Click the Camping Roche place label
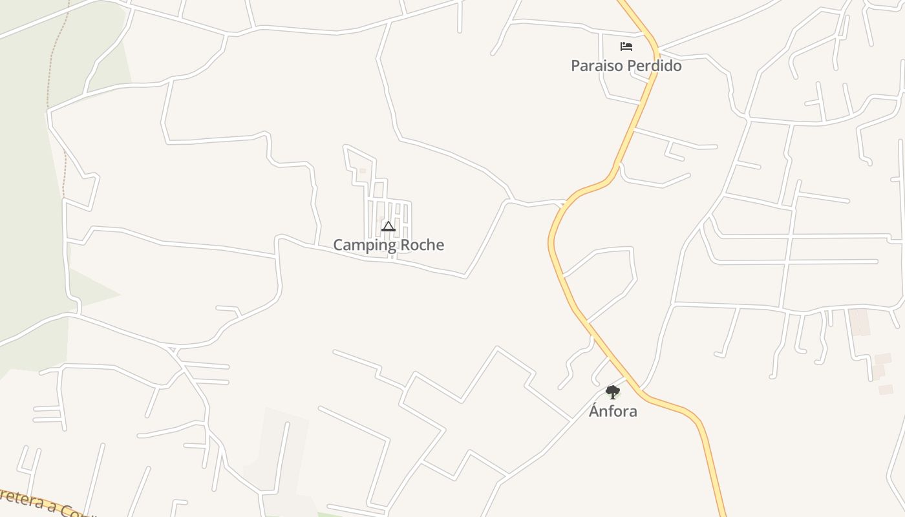389,245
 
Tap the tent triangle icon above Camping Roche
388,226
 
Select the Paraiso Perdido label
626,66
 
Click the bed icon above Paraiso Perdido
626,47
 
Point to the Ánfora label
613,411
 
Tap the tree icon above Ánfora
612,392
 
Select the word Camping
365,246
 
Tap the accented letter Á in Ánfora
594,410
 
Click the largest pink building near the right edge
859,322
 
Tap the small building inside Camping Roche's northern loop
363,171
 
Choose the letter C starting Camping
338,245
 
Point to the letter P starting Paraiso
575,66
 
